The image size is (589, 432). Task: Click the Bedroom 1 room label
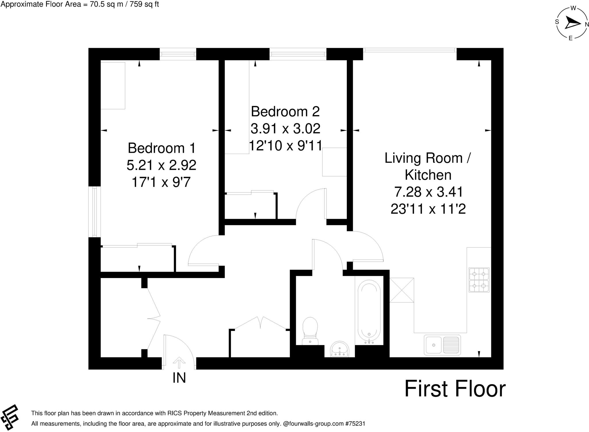161,148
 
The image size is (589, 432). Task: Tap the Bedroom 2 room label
285,112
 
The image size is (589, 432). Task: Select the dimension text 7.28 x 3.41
428,192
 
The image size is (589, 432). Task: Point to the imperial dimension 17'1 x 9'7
161,182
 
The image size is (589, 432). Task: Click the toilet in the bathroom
310,331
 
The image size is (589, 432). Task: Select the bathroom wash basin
340,349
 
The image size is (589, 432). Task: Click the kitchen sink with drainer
442,345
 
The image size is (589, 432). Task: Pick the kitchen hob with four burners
479,280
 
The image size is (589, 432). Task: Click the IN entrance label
179,378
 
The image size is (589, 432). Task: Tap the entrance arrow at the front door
179,363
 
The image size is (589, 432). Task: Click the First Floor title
455,389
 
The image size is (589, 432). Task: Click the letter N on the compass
587,25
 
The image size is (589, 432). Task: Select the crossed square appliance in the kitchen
402,290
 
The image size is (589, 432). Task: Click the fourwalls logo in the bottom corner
9,417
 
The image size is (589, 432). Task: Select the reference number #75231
355,424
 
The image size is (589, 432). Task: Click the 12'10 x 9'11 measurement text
285,146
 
